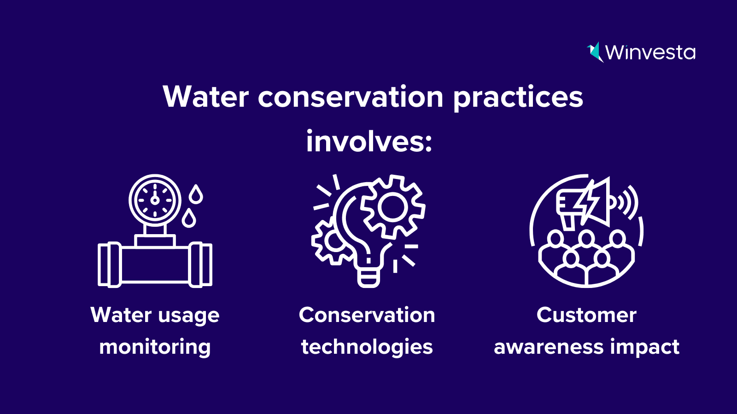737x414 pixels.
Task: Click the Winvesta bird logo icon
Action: [595, 52]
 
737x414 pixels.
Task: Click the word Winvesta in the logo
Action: [650, 52]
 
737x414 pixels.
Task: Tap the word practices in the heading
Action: [518, 98]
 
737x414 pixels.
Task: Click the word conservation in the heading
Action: [351, 98]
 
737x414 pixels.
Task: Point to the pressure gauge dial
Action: [155, 200]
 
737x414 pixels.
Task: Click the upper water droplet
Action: [196, 194]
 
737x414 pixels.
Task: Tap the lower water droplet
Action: [189, 218]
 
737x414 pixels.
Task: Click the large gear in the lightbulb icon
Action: [392, 207]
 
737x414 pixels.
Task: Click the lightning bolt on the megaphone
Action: [586, 202]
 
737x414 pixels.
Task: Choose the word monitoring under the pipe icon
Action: [155, 347]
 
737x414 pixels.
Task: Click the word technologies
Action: [367, 347]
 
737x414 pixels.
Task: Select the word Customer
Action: [586, 315]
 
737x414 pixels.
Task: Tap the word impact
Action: [645, 347]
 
